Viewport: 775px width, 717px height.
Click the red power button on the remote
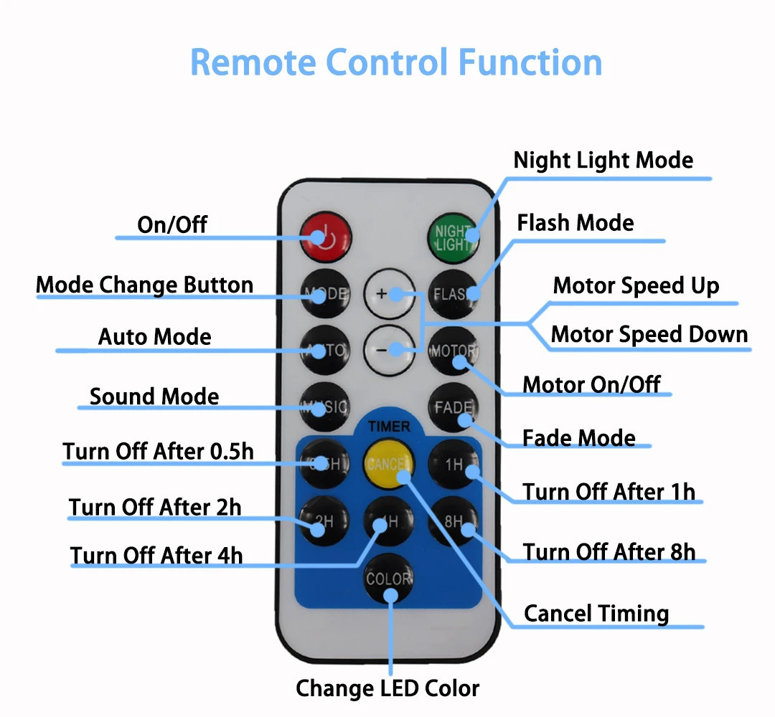327,235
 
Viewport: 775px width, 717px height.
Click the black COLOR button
389,579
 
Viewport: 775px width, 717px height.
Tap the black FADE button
453,408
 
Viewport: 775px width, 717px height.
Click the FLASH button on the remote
453,293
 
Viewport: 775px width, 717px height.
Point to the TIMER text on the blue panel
389,427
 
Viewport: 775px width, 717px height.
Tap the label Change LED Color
387,688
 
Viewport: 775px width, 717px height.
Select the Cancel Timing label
596,614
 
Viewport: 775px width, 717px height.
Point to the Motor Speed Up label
636,286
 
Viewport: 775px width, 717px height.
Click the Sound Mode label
154,397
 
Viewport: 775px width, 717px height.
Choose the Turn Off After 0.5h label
159,451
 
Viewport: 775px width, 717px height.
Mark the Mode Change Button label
145,285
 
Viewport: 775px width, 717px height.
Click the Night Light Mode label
603,160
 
